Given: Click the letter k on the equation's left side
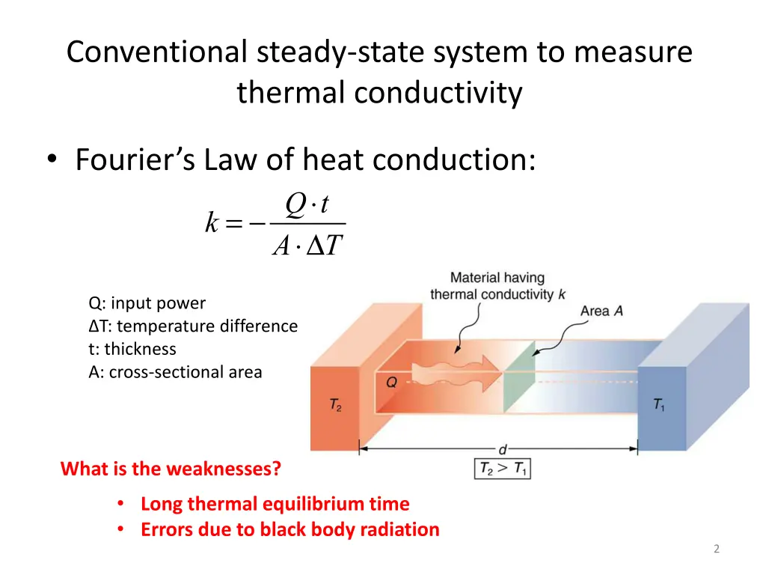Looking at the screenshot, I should point(212,222).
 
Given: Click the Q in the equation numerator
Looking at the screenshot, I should point(296,203).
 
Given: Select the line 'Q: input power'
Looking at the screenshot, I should point(147,303).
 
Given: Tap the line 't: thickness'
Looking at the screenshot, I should point(132,349).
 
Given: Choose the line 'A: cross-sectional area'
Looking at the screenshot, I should point(175,372).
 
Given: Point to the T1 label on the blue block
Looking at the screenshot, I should point(659,405).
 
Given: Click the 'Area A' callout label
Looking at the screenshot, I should point(602,311).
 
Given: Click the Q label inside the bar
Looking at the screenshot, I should point(391,383).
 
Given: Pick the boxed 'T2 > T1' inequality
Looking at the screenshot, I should point(502,469).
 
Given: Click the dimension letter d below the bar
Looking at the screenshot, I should point(503,450).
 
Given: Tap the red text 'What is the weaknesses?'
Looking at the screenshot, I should point(171,469).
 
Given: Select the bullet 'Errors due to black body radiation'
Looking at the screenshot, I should point(289,530).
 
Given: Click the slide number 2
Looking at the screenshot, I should point(716,550).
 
